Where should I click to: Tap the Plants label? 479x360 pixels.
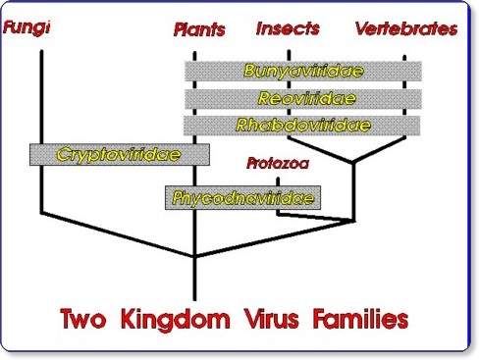pos(198,28)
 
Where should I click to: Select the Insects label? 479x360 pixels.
pos(288,27)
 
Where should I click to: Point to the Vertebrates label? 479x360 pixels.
pos(406,28)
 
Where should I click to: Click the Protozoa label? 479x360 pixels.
pos(279,164)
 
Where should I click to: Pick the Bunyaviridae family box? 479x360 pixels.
pos(302,72)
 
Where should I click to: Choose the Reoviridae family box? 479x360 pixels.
pos(302,99)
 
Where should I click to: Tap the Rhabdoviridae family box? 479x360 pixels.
pos(302,126)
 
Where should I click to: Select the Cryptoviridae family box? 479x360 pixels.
pos(120,154)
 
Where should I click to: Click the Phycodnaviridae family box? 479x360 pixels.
pos(244,197)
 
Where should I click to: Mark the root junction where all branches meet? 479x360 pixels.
pos(196,257)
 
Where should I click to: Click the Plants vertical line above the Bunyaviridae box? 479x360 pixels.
pos(196,50)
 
